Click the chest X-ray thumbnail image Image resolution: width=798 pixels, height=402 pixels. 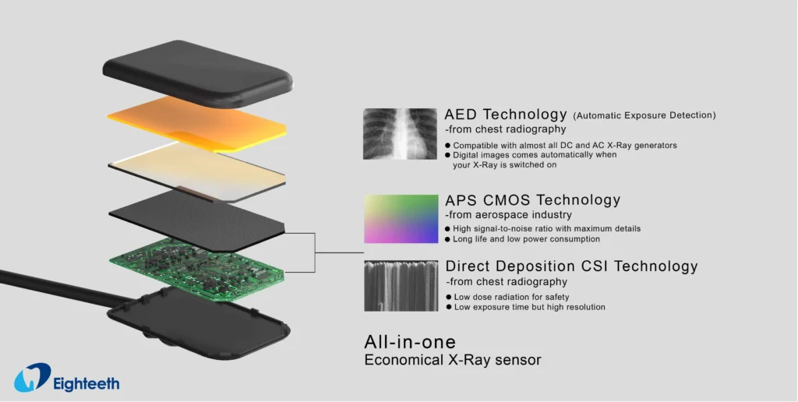pyautogui.click(x=400, y=133)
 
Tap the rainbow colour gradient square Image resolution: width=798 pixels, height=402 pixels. pyautogui.click(x=401, y=219)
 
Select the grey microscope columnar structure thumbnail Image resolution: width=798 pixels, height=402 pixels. pyautogui.click(x=401, y=285)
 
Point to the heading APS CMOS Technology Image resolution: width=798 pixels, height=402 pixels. pyautogui.click(x=532, y=200)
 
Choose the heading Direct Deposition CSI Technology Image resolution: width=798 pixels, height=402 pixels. pyautogui.click(x=571, y=266)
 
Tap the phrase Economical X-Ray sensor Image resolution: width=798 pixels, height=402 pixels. pyautogui.click(x=453, y=360)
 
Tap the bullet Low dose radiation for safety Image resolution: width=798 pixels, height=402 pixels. pyautogui.click(x=511, y=297)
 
